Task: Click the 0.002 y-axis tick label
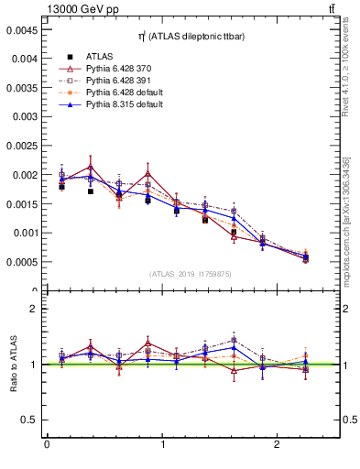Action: pos(23,175)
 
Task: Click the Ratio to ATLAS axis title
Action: pos(12,364)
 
